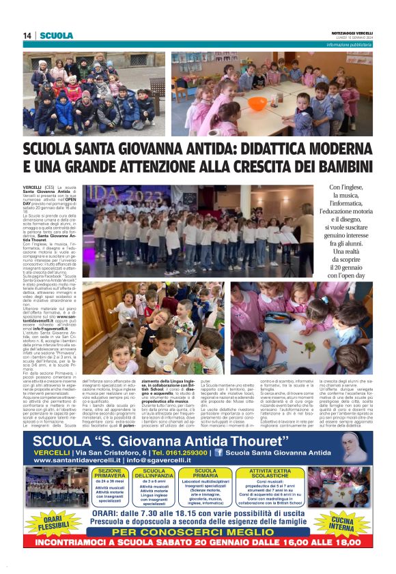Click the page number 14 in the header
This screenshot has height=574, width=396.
coord(27,35)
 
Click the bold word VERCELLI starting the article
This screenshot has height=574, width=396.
coord(32,187)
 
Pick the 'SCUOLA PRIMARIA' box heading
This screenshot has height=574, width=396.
coord(206,473)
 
